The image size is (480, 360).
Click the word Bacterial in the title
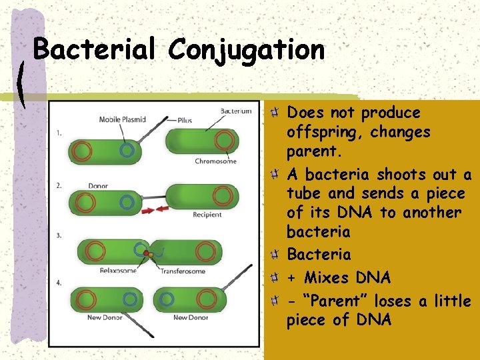[93, 50]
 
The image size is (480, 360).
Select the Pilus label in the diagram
[185, 120]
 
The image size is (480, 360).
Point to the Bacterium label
[236, 111]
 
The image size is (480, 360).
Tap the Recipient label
[207, 215]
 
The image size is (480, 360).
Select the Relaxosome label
[118, 270]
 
